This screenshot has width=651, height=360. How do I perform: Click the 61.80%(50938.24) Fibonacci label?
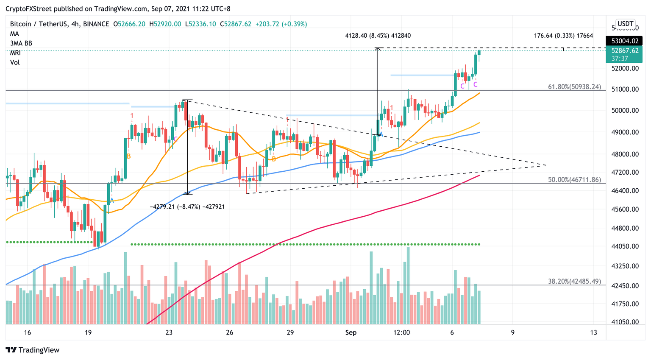[574, 87]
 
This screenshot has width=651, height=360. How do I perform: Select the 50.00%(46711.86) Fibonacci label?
[574, 180]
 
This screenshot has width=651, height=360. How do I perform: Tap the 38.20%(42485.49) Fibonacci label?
[574, 281]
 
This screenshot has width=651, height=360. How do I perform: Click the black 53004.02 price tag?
[624, 41]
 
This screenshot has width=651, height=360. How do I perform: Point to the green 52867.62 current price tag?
[624, 51]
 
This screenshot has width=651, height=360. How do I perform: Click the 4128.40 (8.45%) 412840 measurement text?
[378, 36]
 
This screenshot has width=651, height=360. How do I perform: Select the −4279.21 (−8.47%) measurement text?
[187, 207]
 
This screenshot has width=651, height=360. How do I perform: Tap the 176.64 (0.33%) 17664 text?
[563, 36]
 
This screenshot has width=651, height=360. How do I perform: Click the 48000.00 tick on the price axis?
[625, 154]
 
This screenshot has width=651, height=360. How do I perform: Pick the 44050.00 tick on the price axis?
[625, 246]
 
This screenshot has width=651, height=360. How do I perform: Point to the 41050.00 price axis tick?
[625, 322]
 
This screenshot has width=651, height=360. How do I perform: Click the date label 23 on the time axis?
[169, 332]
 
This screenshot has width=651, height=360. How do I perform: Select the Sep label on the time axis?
[351, 332]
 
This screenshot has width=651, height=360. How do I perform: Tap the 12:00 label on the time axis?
[401, 332]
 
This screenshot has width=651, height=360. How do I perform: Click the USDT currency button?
[625, 24]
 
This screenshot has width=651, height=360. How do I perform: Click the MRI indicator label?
[15, 53]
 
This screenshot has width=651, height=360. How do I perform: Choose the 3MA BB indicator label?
[21, 43]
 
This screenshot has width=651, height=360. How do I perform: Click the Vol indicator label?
[15, 62]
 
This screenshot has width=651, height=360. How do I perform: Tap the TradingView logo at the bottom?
[33, 350]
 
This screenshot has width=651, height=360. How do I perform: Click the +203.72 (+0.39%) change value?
[281, 24]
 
